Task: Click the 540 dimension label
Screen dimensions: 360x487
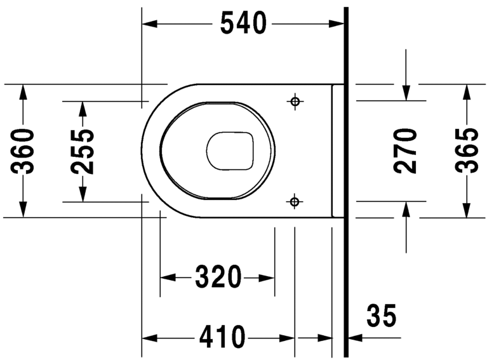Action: point(243,23)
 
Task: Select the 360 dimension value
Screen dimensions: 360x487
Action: point(24,151)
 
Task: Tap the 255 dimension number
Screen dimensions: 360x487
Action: point(83,151)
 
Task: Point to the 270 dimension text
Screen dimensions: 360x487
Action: point(406,150)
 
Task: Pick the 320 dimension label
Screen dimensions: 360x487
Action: point(218,277)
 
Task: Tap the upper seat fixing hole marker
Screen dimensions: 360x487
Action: point(295,102)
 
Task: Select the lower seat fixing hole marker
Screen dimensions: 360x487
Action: point(294,202)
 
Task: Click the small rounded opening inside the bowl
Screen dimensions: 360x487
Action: point(230,151)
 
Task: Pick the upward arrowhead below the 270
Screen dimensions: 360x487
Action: point(406,209)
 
